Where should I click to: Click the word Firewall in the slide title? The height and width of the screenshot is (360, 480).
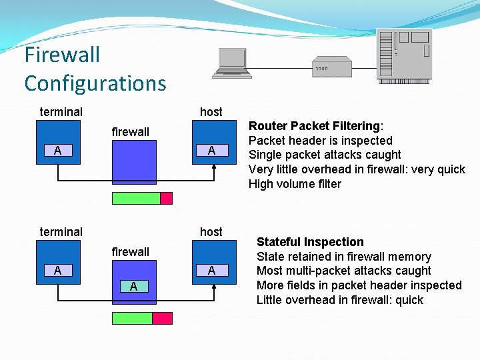(x=62, y=54)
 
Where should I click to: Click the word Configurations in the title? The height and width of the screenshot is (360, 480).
(x=95, y=83)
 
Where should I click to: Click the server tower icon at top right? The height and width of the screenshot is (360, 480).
(x=404, y=56)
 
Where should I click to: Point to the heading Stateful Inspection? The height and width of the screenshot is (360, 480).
(x=310, y=242)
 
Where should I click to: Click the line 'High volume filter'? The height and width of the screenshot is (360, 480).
(x=295, y=184)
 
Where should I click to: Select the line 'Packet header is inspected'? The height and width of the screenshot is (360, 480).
(x=320, y=141)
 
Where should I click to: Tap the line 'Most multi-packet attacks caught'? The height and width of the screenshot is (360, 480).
(x=343, y=271)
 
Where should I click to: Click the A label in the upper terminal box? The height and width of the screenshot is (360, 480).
(x=58, y=151)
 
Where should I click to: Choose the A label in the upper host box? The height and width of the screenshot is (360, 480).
(x=211, y=150)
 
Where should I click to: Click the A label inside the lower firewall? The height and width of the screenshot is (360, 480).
(x=134, y=287)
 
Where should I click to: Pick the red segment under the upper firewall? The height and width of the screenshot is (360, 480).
(x=166, y=198)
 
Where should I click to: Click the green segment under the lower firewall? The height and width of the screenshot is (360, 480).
(x=132, y=318)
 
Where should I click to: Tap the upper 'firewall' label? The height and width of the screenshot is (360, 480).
(x=131, y=132)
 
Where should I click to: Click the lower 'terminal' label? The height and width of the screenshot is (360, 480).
(x=61, y=232)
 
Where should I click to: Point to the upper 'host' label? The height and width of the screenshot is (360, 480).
(x=211, y=112)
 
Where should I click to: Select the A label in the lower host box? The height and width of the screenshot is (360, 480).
(x=211, y=270)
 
